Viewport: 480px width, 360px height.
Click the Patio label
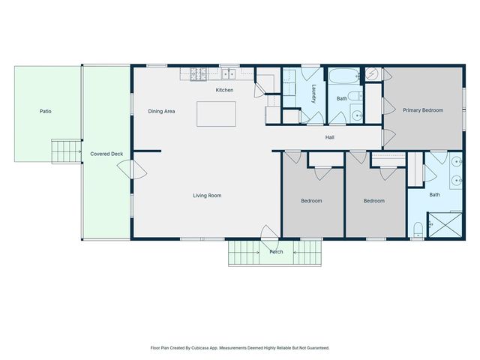[45, 111]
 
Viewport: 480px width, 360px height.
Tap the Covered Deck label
[106, 154]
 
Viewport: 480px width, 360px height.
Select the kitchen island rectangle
[216, 114]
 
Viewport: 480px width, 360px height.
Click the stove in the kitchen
[198, 74]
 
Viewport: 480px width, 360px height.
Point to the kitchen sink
[228, 73]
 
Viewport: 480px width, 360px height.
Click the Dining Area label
[161, 112]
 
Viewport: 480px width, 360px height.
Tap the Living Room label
[207, 196]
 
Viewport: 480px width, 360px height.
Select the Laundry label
[313, 94]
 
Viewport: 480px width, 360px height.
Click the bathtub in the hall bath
[343, 76]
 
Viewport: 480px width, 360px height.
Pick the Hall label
[330, 137]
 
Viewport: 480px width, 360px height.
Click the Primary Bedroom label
[423, 110]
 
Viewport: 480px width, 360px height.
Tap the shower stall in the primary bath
[445, 225]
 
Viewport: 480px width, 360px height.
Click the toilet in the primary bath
[418, 229]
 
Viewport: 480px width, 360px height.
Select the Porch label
[276, 252]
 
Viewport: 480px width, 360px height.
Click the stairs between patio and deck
[67, 151]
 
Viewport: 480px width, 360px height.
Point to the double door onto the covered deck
[132, 169]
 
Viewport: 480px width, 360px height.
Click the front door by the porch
[270, 232]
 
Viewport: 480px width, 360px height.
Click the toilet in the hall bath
[355, 96]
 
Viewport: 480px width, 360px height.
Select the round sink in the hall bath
[357, 115]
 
